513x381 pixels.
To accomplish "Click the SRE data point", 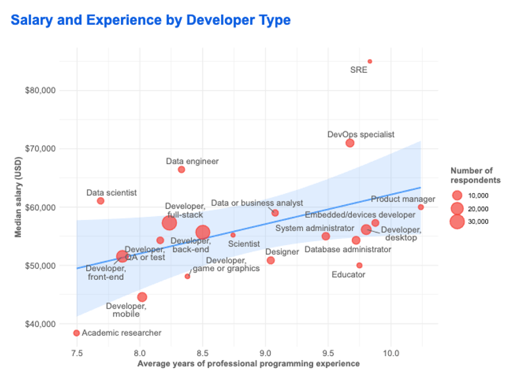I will tap(370, 61).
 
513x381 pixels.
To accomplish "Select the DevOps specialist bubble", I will tap(350, 143).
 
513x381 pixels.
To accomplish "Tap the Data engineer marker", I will tap(182, 169).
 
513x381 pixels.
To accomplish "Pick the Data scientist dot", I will tap(101, 201).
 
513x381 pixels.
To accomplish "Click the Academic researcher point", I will tap(76, 333).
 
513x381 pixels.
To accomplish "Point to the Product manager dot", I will tap(421, 208).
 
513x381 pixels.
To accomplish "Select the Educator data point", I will tap(359, 265).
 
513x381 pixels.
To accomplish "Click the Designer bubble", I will tap(270, 261).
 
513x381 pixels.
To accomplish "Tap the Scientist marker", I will tap(233, 235).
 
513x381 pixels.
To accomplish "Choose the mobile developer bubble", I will tap(142, 298).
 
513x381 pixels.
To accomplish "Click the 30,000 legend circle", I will tap(457, 221).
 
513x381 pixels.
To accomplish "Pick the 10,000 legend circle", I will tap(457, 195).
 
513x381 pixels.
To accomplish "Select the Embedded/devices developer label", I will tap(360, 215).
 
